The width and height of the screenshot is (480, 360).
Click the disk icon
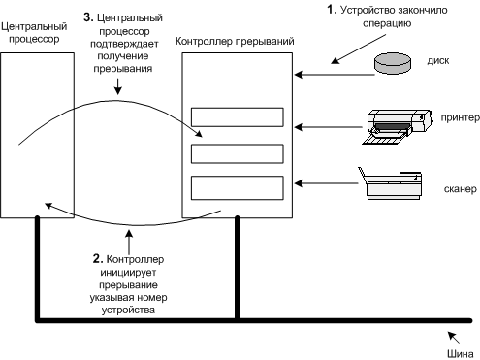[x=393, y=63]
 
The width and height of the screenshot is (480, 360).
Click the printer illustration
[x=397, y=127]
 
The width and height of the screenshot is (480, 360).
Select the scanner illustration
[x=390, y=183]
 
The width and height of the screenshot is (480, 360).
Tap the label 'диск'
[x=438, y=61]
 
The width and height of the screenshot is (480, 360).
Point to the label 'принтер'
[x=460, y=117]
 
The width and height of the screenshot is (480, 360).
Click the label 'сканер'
[x=461, y=188]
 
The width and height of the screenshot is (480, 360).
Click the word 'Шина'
[x=461, y=354]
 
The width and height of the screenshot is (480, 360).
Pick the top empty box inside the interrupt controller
[x=238, y=117]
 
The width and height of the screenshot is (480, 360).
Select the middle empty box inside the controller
[x=238, y=154]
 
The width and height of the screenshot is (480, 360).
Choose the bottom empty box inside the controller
[x=238, y=188]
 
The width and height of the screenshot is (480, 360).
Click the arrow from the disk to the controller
[x=335, y=75]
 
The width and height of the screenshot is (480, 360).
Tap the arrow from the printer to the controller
[x=329, y=127]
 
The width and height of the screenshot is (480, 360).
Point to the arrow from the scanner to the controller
[x=327, y=183]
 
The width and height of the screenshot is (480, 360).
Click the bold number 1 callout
[x=332, y=10]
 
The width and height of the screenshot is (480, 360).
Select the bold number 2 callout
[x=98, y=258]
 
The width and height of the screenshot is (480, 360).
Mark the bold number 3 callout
[x=88, y=17]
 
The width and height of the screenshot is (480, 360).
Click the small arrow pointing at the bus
[x=454, y=337]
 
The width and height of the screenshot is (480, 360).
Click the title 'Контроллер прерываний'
[x=235, y=41]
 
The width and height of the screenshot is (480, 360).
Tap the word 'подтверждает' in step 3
[x=124, y=44]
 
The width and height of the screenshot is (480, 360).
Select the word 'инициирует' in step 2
[x=128, y=273]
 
